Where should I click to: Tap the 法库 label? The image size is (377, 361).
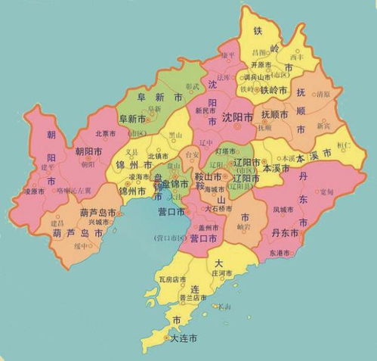(224, 77)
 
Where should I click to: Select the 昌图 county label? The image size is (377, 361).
(258, 53)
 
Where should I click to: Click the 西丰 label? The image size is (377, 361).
(296, 56)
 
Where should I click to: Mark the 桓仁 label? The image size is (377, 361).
(344, 143)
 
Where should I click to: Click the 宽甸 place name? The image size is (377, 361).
(326, 192)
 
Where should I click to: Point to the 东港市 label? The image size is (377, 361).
(279, 253)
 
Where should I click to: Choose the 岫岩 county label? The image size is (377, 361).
(243, 226)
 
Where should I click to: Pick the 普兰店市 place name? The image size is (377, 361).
(193, 298)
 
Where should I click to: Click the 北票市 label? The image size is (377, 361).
(107, 134)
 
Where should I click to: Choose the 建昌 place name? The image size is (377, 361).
(57, 224)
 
